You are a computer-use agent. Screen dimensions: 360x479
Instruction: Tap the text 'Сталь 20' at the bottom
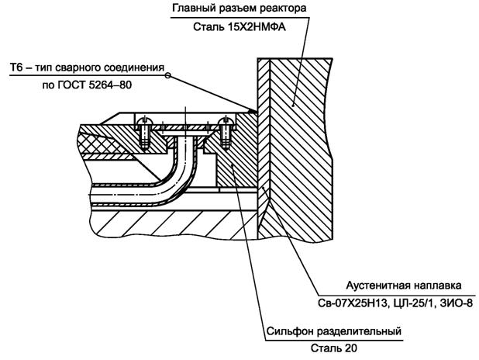click(332, 351)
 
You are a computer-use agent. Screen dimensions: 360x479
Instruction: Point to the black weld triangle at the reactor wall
click(254, 111)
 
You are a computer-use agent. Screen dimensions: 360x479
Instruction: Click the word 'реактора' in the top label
click(283, 9)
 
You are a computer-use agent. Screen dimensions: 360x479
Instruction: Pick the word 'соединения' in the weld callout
click(136, 68)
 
